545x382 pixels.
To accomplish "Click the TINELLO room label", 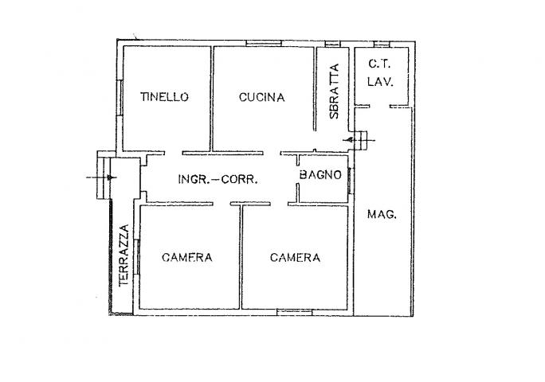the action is [x=164, y=96].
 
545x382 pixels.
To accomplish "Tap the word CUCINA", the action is [x=261, y=97].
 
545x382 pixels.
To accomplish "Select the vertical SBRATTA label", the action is [x=334, y=92].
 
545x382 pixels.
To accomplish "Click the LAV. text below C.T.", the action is [x=380, y=82].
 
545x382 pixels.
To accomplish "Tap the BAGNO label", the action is [x=320, y=174].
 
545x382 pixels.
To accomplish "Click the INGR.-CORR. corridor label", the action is [x=218, y=179].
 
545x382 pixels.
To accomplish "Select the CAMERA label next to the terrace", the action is [x=187, y=257].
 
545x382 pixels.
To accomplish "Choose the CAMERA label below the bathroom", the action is [x=295, y=257].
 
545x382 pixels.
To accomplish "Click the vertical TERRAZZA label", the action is [x=124, y=255].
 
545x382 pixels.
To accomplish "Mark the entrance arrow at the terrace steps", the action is [x=101, y=177].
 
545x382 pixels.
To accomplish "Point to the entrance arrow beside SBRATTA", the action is [x=359, y=140].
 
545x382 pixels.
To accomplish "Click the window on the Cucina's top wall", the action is [x=264, y=44].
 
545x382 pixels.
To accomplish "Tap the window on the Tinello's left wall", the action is [x=120, y=98].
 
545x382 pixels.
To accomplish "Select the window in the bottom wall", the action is [x=295, y=312].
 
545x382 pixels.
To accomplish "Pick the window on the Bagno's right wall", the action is [x=351, y=181].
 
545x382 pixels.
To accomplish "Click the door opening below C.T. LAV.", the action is [x=379, y=106].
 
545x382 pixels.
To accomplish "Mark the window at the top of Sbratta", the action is [x=332, y=44].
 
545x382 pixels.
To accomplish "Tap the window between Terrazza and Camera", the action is [x=136, y=257].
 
